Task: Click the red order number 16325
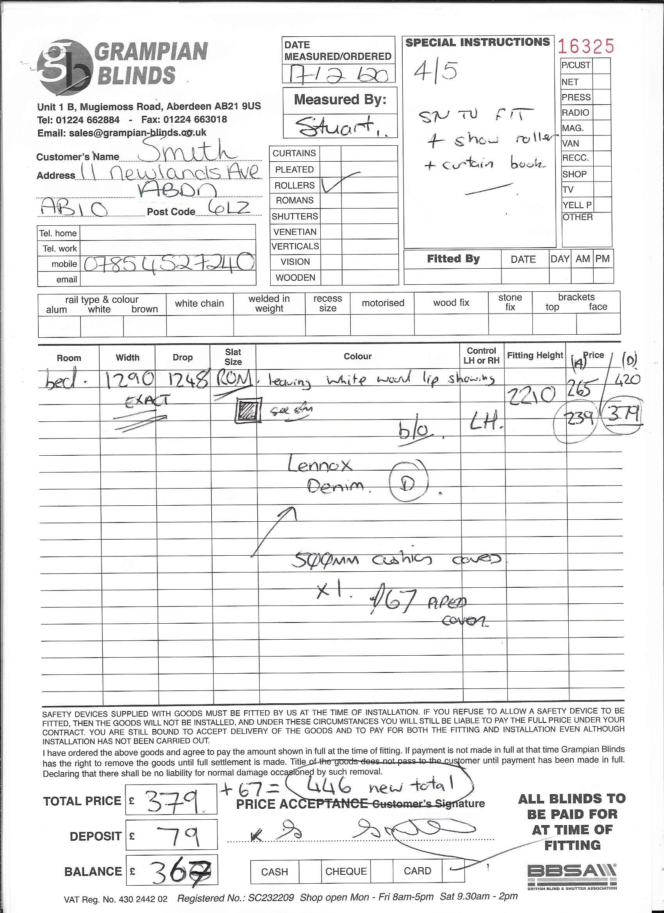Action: [586, 46]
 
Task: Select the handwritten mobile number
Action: [169, 262]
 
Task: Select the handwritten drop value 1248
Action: [184, 378]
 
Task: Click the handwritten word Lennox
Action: [320, 465]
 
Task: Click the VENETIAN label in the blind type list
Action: [295, 232]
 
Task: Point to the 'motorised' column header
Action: [382, 303]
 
